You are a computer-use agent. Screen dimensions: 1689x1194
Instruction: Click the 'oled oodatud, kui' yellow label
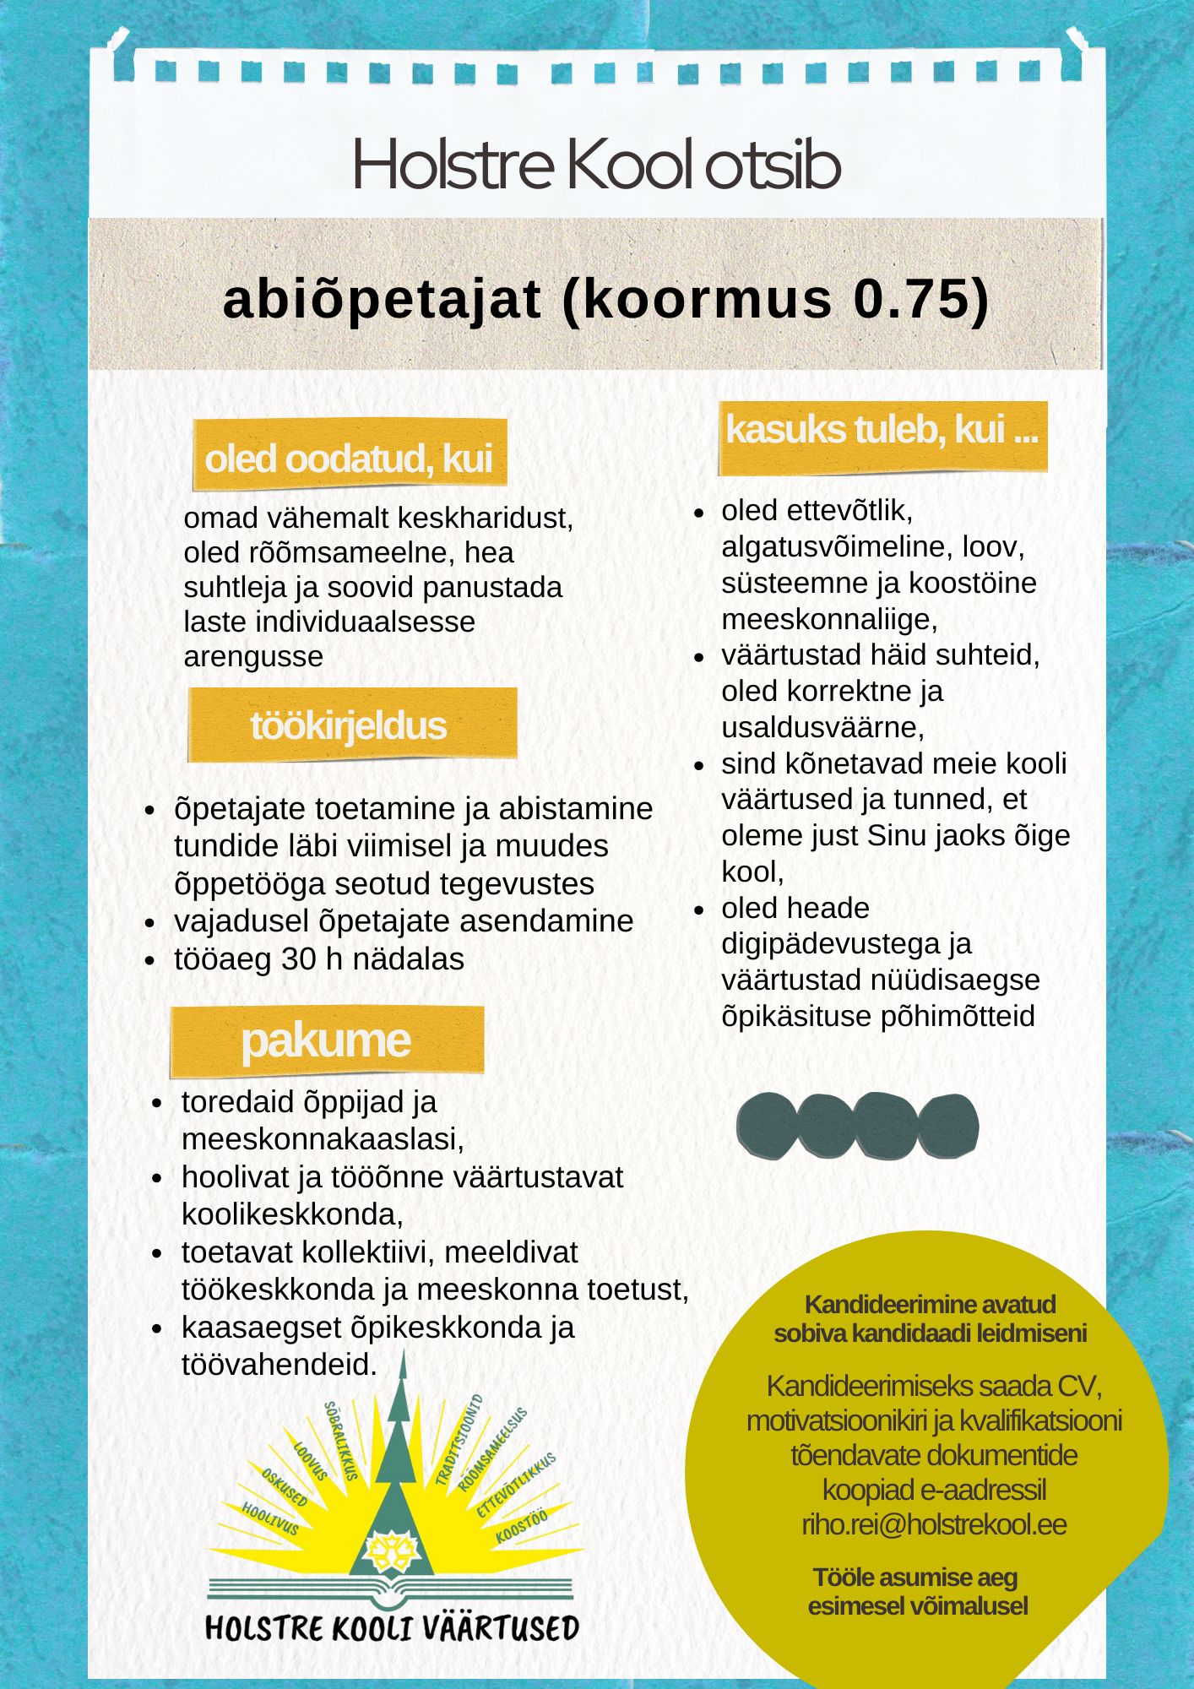[349, 459]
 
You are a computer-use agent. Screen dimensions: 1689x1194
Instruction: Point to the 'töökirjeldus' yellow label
[349, 725]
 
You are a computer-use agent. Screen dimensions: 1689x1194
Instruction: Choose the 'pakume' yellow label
[326, 1040]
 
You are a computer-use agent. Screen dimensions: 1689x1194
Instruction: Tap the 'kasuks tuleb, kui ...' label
[882, 431]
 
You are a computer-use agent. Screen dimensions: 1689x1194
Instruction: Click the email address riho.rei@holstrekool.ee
[933, 1524]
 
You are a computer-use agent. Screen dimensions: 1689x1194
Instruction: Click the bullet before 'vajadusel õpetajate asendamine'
[150, 922]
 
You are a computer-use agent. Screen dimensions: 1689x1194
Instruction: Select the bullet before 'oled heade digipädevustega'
[698, 910]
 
